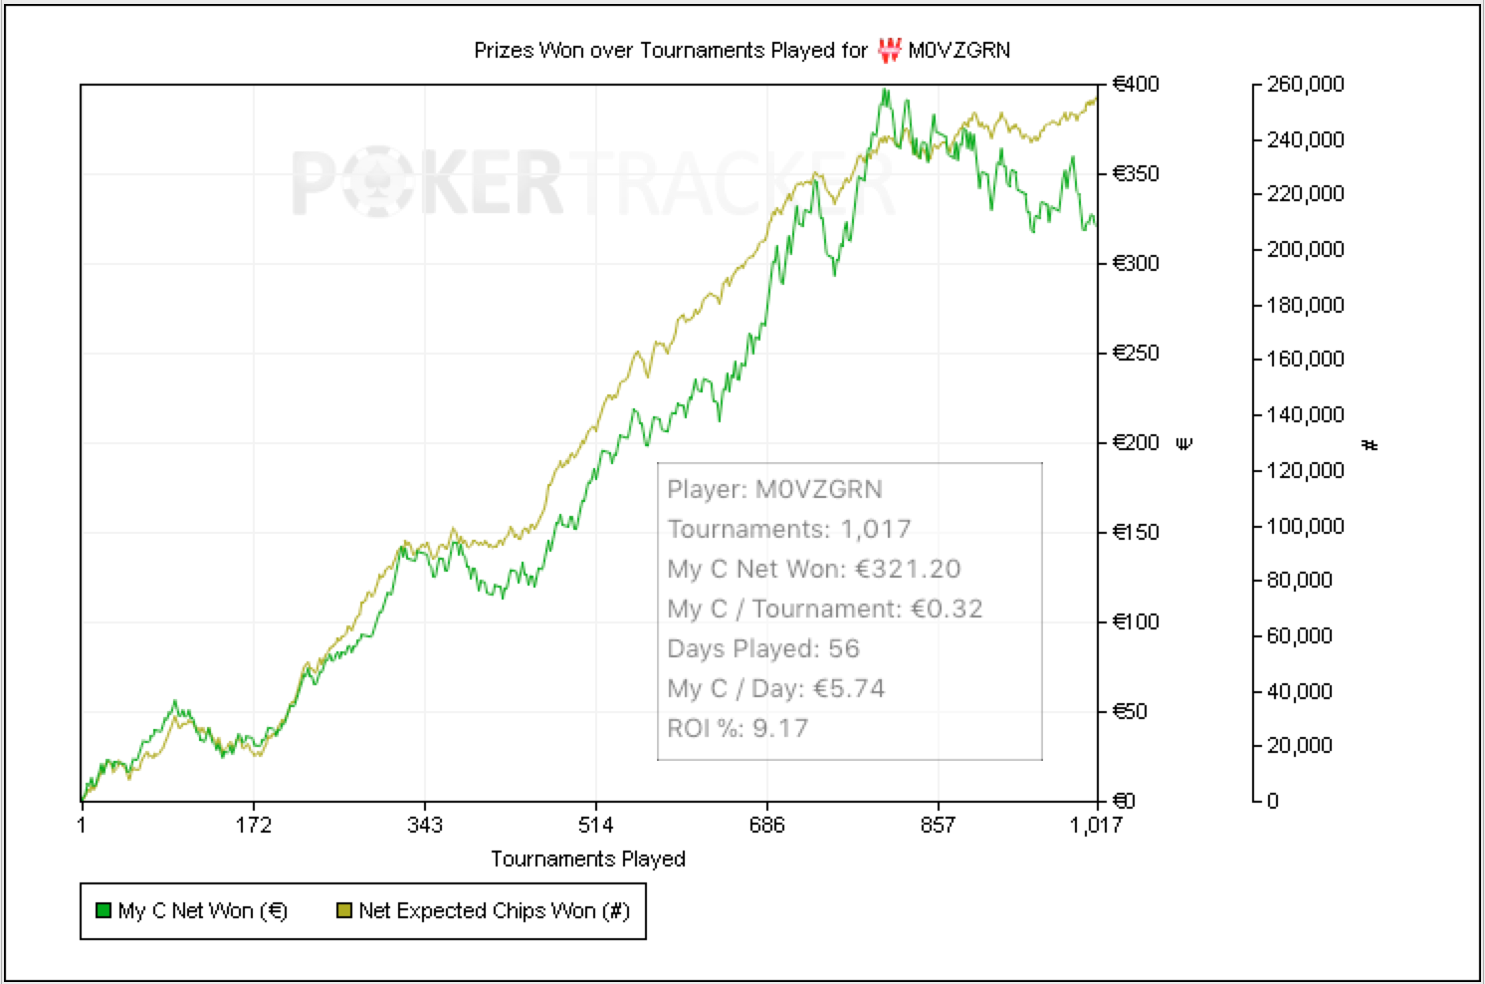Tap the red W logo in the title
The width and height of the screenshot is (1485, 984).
tap(889, 50)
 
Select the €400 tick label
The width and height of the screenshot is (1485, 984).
tap(1136, 85)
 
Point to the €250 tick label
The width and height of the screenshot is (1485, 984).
tap(1136, 354)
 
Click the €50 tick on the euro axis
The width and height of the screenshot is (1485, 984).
tap(1130, 712)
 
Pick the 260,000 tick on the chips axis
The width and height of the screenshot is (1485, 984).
tap(1305, 85)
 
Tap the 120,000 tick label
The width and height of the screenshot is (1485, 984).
tap(1305, 470)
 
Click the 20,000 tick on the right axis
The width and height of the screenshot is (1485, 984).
tap(1299, 746)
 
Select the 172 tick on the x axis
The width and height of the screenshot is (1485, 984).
tap(254, 826)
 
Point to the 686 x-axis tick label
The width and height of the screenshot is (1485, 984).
tap(766, 826)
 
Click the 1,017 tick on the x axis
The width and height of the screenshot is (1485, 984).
tap(1096, 826)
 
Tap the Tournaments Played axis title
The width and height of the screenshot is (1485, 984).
tap(588, 860)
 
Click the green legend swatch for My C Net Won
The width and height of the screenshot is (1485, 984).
tap(103, 910)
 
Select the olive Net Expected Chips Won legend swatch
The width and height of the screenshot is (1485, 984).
tap(344, 910)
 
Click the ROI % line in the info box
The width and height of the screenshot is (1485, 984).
tap(738, 729)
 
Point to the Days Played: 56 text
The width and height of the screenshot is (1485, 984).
tap(763, 649)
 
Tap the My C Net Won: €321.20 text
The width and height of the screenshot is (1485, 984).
tap(814, 570)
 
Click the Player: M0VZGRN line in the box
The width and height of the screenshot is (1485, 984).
tap(774, 490)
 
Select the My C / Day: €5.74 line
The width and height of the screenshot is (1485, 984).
tap(776, 689)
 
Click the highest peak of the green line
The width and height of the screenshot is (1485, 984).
tap(884, 91)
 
